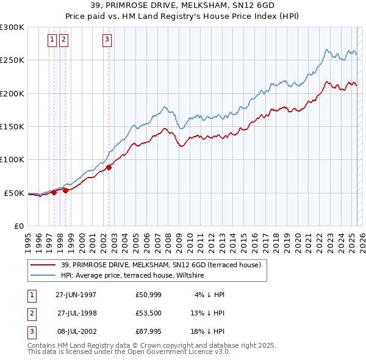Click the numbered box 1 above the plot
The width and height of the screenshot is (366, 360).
52,40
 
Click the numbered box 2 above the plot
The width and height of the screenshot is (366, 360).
63,40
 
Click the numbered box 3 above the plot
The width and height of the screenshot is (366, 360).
107,40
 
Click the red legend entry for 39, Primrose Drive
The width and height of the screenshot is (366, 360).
160,265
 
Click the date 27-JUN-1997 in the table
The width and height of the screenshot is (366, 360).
76,295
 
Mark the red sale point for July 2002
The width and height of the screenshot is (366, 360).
109,167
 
